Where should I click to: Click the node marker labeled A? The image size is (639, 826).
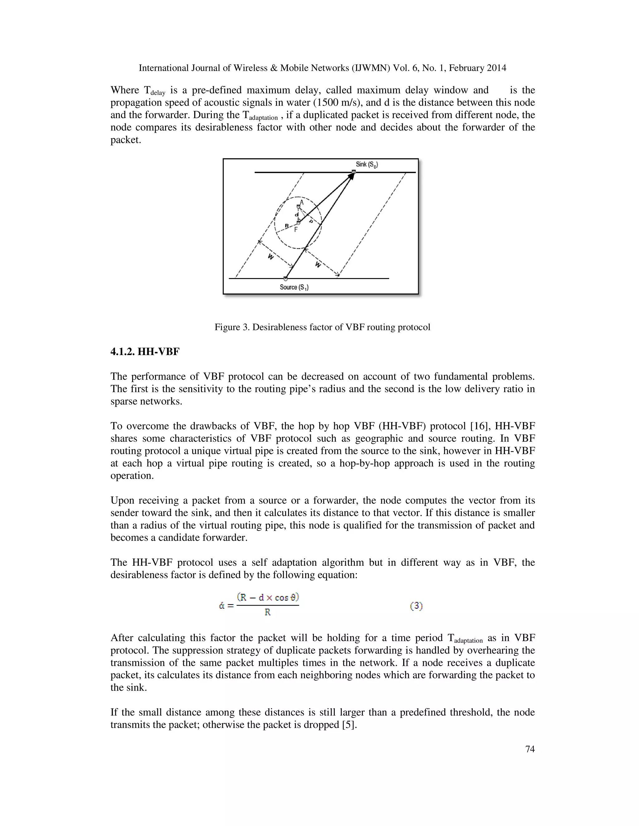[298, 206]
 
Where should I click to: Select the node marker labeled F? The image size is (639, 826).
[298, 223]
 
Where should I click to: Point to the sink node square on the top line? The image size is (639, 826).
[354, 172]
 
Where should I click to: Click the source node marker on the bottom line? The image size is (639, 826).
[285, 278]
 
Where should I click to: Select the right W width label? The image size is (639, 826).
[318, 265]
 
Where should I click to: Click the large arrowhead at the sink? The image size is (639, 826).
[350, 176]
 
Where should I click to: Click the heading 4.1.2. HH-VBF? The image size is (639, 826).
[145, 352]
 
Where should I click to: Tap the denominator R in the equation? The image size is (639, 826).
[268, 612]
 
